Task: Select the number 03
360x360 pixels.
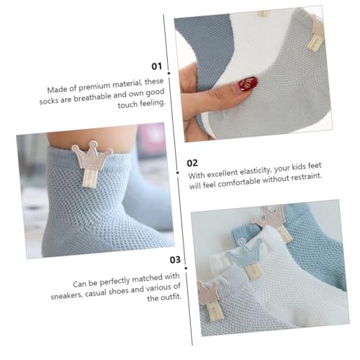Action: (156, 259)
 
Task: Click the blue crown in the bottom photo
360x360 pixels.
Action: (243, 253)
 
